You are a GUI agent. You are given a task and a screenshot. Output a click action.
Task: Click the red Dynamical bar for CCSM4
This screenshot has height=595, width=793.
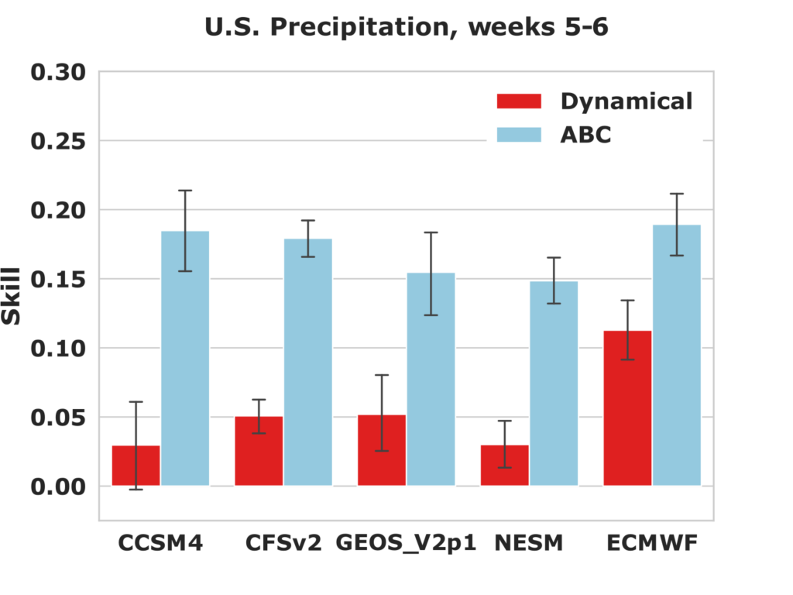coord(136,466)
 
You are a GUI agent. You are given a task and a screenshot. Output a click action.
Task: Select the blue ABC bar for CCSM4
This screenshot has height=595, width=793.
coord(185,358)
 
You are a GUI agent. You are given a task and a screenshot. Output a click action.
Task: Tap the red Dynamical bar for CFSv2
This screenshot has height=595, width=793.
coord(259,451)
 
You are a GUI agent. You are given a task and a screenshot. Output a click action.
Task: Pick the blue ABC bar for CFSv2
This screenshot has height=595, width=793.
coord(308,363)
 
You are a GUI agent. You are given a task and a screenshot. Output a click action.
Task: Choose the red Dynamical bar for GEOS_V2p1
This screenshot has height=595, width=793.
coord(382,450)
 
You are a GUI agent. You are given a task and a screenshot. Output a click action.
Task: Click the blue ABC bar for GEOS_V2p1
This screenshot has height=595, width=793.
coord(431,380)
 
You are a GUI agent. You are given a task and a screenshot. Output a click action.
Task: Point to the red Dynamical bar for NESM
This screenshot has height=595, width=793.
coord(505,466)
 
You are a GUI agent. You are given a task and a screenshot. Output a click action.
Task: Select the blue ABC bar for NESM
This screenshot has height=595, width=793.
coord(554,383)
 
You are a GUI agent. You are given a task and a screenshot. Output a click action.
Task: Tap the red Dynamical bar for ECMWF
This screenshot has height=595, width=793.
coord(627,408)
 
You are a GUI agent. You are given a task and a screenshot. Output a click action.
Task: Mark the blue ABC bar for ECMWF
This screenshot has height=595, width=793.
coord(677,355)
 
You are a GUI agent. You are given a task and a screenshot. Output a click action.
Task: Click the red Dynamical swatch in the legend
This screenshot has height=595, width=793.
coord(519,101)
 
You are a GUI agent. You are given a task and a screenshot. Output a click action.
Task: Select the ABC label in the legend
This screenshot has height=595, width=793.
coord(585,135)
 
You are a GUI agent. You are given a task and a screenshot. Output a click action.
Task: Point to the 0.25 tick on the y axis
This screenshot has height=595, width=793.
coord(57,141)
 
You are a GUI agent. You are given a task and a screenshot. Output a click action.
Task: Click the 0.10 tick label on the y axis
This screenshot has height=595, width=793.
coord(57,349)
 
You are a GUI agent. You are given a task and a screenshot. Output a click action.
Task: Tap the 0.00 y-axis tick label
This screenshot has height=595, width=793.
coord(57,487)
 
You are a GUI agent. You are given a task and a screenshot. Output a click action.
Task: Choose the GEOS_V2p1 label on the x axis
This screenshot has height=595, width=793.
coord(406,543)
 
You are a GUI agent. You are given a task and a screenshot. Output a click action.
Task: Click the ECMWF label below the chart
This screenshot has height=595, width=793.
coord(652,543)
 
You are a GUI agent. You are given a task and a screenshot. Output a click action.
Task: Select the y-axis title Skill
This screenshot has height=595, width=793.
coord(11,296)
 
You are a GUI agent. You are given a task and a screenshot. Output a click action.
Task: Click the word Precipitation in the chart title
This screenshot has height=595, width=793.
coord(359,27)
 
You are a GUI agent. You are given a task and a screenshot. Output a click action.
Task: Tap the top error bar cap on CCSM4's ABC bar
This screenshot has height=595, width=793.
coord(185,191)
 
